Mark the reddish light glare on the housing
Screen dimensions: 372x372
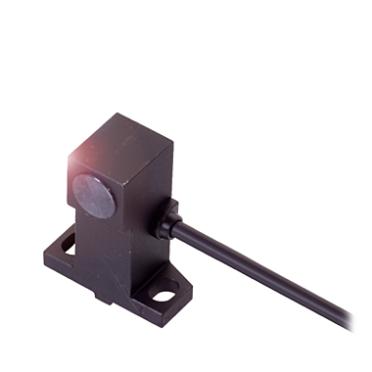point(78,157)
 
